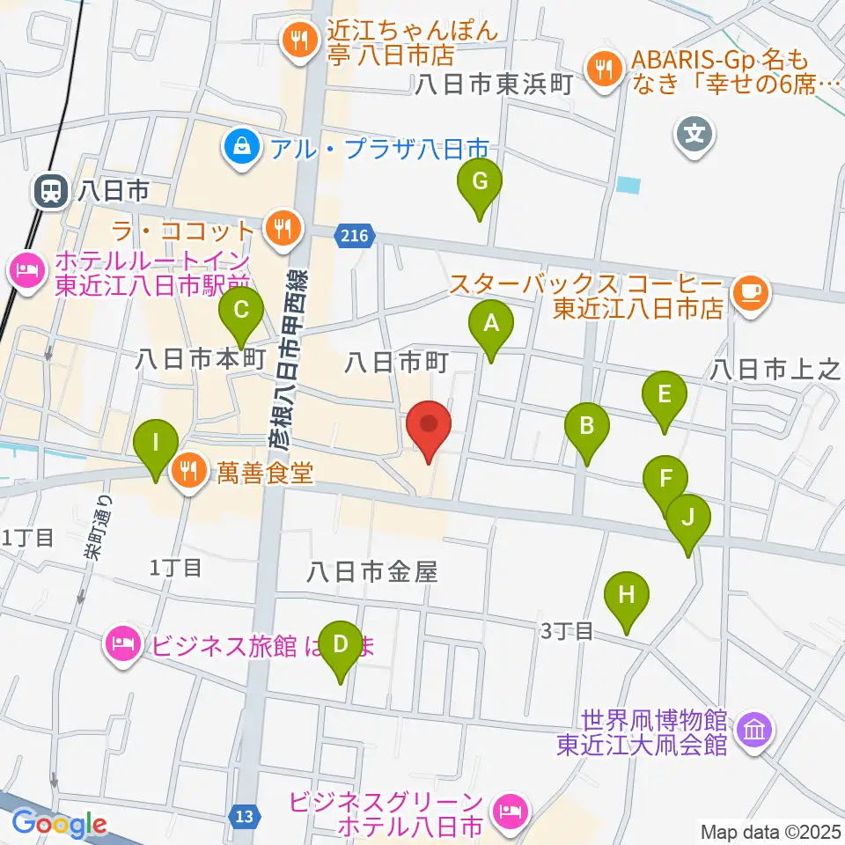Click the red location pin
click(430, 428)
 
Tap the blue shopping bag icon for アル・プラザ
click(239, 145)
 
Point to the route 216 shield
click(355, 235)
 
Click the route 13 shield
click(248, 818)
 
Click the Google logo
click(58, 824)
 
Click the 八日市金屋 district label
click(372, 573)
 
